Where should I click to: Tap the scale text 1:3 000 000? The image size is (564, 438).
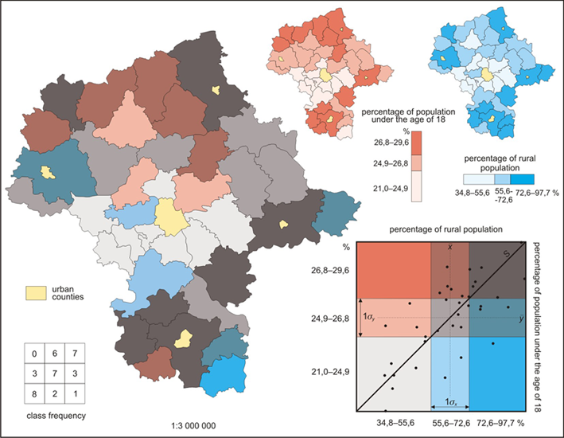[x=196, y=426]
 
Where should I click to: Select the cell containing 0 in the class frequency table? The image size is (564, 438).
[x=34, y=354]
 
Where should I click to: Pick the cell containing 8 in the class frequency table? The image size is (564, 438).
[x=34, y=393]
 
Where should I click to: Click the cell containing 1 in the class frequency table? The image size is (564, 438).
[x=75, y=393]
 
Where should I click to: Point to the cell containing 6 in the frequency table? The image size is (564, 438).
[x=55, y=354]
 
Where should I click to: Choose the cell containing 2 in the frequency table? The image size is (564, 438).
[x=55, y=393]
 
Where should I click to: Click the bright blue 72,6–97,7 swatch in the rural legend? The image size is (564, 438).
[x=519, y=180]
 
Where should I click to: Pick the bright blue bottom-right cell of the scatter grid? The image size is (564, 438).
[x=497, y=371]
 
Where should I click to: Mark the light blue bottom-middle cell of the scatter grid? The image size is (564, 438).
[x=450, y=371]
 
